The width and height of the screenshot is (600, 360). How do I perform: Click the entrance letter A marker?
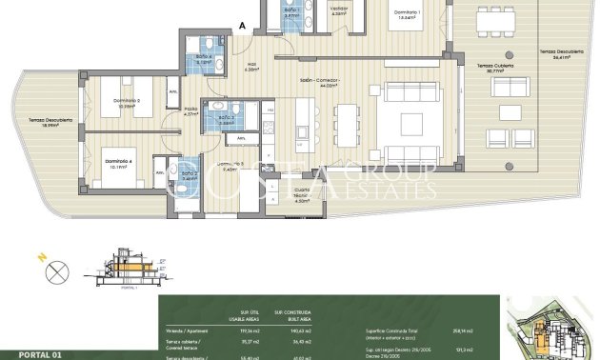point(243,26)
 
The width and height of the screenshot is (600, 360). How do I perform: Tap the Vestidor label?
point(338,10)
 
